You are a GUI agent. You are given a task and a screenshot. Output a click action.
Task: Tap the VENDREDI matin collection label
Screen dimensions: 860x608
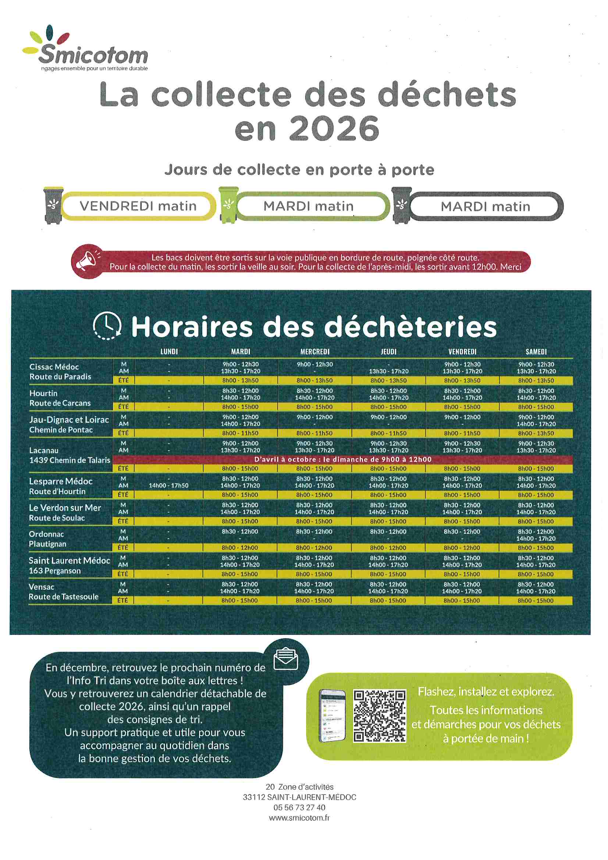coord(138,206)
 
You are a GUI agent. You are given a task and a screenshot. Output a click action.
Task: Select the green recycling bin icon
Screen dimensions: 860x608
coord(228,205)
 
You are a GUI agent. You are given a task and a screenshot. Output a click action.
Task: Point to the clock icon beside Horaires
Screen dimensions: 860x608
coord(107,326)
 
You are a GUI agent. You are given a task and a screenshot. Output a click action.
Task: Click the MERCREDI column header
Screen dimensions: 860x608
coord(315,352)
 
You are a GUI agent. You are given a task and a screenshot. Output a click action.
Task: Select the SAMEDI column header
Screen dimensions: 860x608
coord(536,352)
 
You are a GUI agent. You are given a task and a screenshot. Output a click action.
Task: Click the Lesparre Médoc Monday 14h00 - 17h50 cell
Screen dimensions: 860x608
coord(168,486)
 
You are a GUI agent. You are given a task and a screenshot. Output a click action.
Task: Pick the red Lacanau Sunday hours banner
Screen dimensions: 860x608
coord(342,459)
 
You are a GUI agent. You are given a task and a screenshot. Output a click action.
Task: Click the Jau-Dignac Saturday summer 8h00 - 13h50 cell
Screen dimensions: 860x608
coord(536,433)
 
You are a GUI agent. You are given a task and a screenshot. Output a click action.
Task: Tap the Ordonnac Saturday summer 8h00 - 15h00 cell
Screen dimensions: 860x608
coord(535,548)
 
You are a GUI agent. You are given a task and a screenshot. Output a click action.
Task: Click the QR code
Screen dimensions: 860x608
coord(380,716)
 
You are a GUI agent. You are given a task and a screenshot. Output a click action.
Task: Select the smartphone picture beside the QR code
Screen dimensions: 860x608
coord(332,715)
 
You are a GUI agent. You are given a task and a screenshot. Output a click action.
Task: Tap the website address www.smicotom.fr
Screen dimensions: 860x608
coord(299,818)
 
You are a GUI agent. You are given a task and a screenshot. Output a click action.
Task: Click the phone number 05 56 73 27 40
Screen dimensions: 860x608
coord(299,807)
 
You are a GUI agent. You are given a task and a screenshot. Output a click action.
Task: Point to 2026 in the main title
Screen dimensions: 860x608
coord(335,128)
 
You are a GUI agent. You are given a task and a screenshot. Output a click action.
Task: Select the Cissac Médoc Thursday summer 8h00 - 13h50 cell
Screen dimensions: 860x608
coord(388,381)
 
